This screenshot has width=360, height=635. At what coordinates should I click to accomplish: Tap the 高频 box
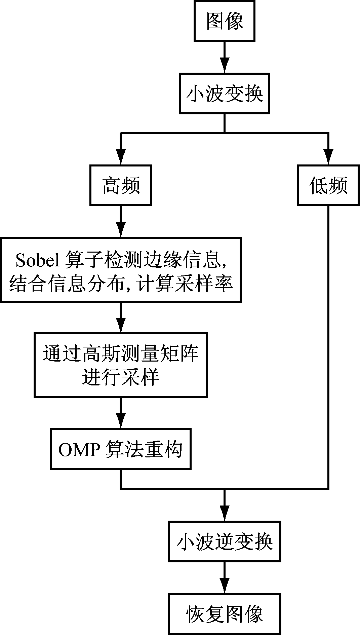(x=121, y=185)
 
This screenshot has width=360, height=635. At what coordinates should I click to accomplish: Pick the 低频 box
(x=328, y=185)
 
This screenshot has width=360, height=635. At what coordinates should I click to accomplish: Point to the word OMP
(x=79, y=449)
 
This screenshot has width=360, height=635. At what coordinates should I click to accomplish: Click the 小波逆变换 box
(x=224, y=542)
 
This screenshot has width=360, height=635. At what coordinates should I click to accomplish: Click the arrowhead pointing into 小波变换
(x=224, y=66)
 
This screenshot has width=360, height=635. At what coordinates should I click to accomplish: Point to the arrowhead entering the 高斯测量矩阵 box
(x=121, y=326)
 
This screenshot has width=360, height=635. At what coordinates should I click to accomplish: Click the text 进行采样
(x=121, y=377)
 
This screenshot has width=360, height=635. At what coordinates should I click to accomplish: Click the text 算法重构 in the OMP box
(x=144, y=449)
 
